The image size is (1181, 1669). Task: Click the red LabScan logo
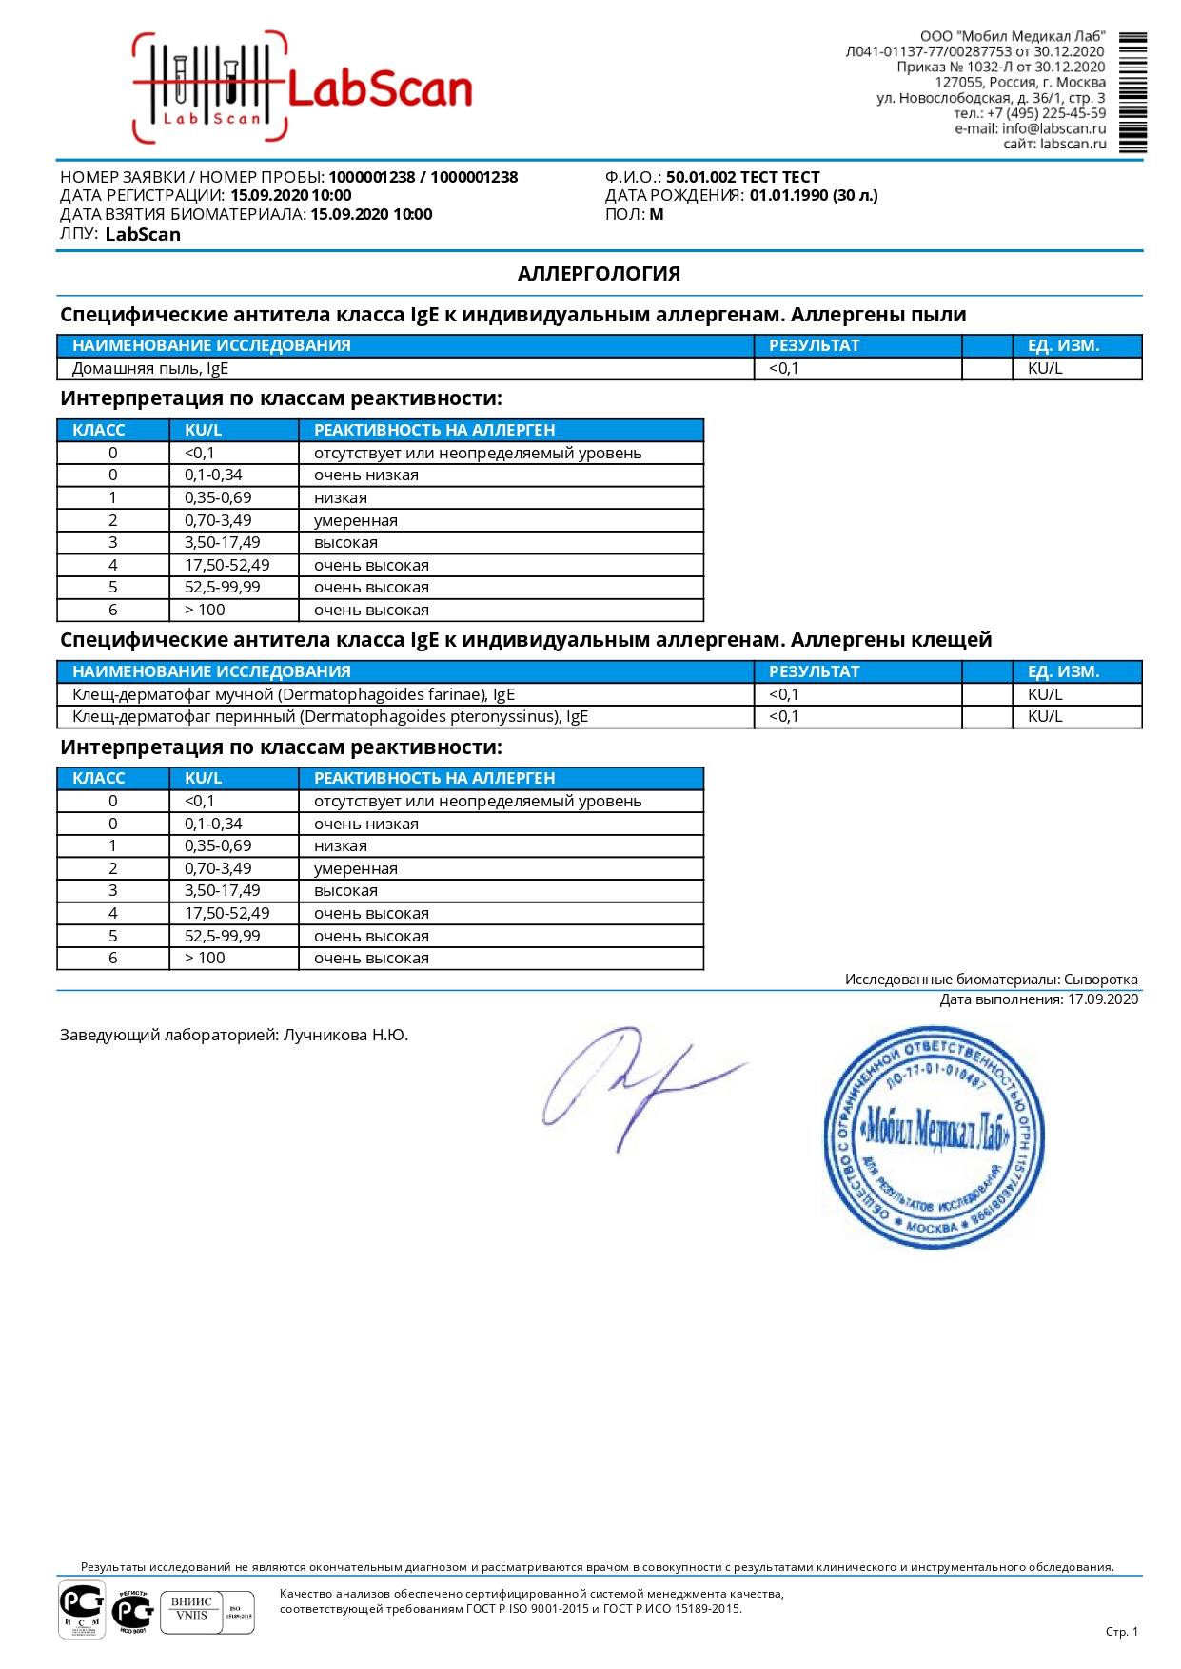coord(303,88)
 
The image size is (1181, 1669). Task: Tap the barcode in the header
coord(1132,92)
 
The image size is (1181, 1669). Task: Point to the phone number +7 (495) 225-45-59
coord(1046,113)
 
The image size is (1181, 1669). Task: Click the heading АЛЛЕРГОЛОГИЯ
coord(599,274)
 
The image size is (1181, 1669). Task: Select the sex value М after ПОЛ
coord(657,215)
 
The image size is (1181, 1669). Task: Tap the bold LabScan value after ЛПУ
coord(143,235)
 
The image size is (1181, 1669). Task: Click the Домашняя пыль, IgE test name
coord(150,369)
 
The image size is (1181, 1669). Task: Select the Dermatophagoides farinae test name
coord(293,695)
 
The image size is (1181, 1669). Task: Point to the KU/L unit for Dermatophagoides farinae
coord(1044,695)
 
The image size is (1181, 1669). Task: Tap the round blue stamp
coord(933,1136)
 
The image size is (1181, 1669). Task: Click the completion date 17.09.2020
coord(1102,999)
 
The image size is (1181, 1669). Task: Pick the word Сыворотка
coord(1100,980)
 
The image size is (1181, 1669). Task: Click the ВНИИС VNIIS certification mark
coord(191,1611)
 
